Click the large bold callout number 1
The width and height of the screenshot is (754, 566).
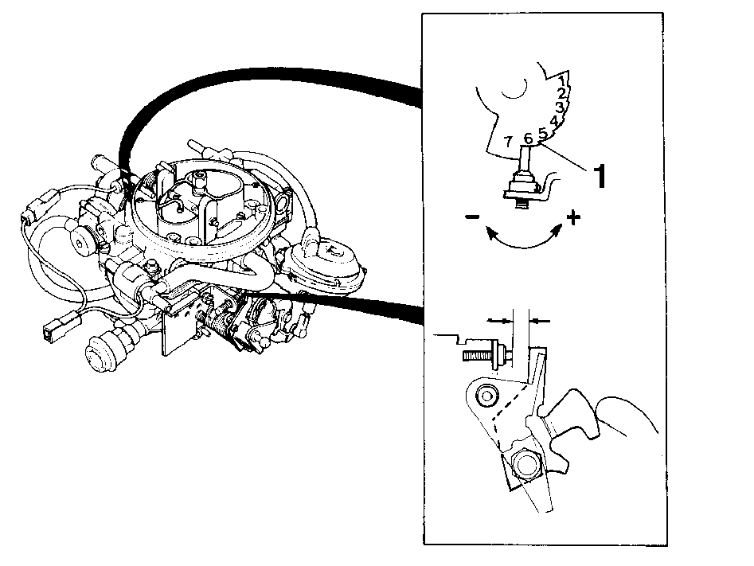600,175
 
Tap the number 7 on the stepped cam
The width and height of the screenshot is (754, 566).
507,142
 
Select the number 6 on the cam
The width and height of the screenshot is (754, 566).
528,139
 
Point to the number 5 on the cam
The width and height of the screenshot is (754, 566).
542,133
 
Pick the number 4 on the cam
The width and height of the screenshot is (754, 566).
554,121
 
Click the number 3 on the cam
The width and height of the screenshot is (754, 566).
560,107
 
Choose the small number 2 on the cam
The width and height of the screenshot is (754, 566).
562,93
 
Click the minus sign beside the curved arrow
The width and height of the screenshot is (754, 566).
472,217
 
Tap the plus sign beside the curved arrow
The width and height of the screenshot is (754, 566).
572,218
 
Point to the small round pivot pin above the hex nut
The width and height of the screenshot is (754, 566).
486,396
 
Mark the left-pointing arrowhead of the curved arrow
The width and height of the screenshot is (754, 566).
491,233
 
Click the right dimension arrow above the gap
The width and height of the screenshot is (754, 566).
539,320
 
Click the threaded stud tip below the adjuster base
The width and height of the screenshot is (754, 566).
522,204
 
